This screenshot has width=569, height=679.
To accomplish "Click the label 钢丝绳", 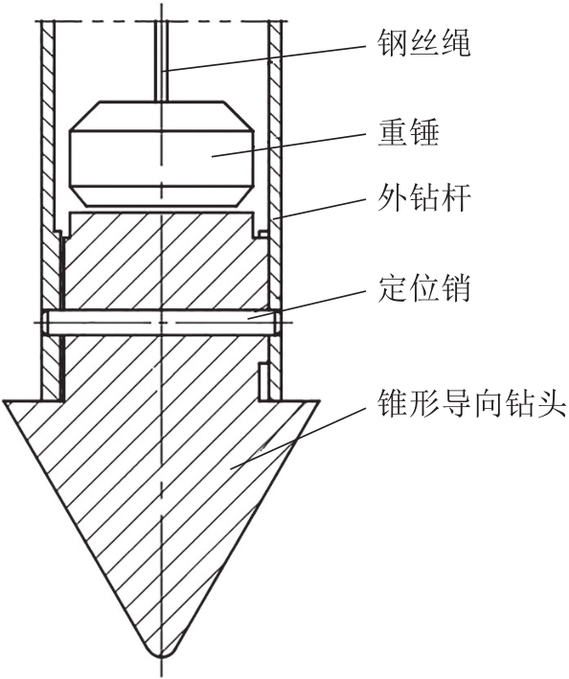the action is [423, 43].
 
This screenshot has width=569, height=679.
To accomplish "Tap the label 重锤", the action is [409, 133].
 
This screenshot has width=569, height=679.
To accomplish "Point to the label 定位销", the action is [424, 288].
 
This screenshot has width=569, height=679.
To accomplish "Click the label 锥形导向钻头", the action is [472, 402].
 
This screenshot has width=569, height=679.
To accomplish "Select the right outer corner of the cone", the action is [320, 401].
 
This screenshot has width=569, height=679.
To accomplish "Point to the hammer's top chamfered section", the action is [162, 116].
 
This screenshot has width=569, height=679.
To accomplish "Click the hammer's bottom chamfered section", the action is [162, 195].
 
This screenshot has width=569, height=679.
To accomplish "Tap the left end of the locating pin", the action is [45, 322].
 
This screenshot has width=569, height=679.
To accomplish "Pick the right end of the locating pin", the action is [276, 323].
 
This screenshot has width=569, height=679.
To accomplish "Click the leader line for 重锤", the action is [287, 145].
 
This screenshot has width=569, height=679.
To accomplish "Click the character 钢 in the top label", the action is [393, 43].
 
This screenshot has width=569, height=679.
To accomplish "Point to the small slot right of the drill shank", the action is [262, 380].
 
